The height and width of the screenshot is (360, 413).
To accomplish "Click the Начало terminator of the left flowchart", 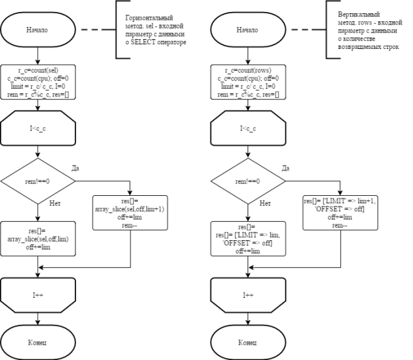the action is coord(38,30).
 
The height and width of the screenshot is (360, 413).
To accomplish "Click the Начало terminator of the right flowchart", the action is coord(248,30).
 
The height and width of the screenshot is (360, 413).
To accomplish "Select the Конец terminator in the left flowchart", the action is coord(38,342).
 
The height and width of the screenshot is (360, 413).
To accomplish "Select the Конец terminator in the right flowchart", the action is coord(248,342).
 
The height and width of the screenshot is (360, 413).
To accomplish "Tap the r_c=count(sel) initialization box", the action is coord(38,82).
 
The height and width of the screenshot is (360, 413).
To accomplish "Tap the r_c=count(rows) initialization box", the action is coord(248,82).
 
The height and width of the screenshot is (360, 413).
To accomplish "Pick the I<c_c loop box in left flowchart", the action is coord(38,128).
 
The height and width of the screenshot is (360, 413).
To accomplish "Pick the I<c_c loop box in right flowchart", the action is coord(248,128).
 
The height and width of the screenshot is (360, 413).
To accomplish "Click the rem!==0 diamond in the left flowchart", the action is coord(38,181).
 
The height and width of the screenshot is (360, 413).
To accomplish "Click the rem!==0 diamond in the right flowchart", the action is coord(248,181).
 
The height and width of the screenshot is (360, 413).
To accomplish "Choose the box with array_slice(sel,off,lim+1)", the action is coord(130,213).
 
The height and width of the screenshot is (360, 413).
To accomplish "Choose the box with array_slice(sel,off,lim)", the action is coord(38,239).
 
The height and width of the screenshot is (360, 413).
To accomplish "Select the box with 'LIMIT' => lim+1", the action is coord(340,213).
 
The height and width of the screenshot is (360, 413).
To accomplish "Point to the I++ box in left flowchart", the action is coord(38,295).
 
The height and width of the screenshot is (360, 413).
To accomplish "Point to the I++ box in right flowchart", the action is coord(248,295).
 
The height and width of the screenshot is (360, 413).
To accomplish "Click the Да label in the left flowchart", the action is coord(75,168).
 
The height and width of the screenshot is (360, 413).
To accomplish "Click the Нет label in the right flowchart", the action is coord(265,203).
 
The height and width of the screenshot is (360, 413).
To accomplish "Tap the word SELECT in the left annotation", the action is coord(143,42).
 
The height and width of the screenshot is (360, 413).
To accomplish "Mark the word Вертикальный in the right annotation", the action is coord(359,14).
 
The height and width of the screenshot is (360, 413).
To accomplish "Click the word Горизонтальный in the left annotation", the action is coord(149,18).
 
